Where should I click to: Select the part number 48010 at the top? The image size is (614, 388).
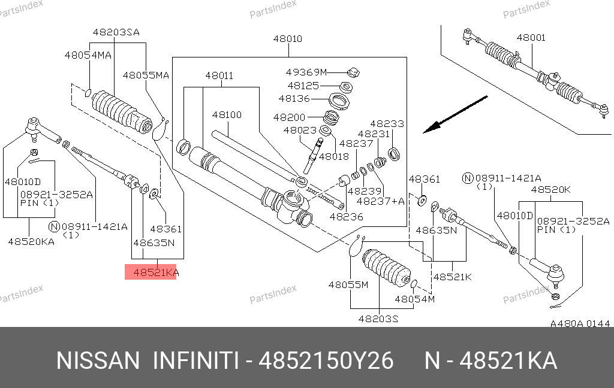coord(288,39)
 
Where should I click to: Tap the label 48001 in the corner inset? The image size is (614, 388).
coord(531,38)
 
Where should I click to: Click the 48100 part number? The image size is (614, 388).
coord(227,114)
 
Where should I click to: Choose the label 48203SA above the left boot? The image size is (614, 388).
coord(116,32)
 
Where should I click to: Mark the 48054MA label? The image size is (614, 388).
coord(88,55)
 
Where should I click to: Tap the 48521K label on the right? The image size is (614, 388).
coord(452,277)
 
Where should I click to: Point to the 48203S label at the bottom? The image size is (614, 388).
coord(378,319)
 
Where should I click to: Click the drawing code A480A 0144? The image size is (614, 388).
coord(580,324)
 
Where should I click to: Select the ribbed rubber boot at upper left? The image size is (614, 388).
coord(120,111)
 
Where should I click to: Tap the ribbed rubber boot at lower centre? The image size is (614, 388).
coord(385,268)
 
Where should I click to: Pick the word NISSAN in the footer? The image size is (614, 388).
coord(97,361)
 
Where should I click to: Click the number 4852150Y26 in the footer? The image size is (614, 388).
coord(326,361)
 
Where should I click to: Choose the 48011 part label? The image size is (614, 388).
coord(219,76)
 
